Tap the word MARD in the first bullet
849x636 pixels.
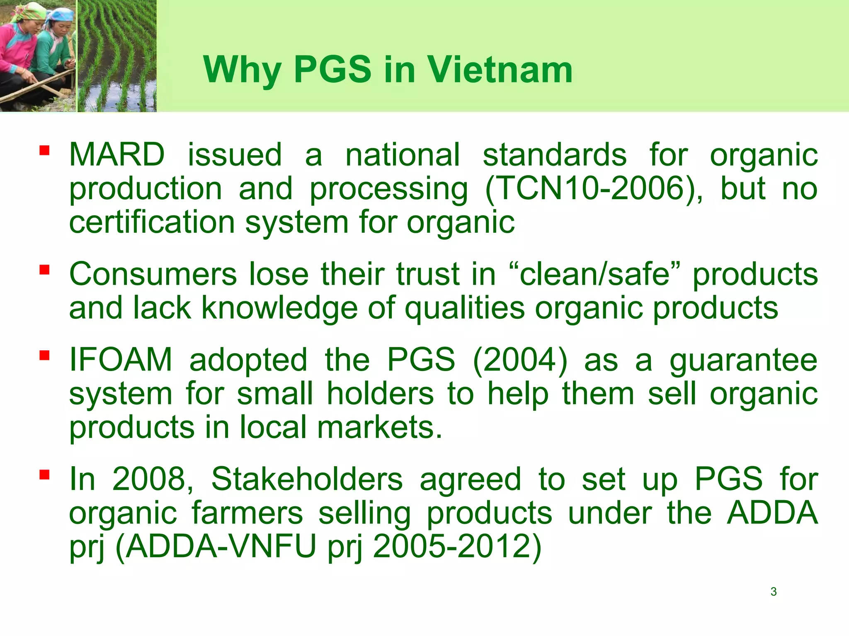pyautogui.click(x=116, y=155)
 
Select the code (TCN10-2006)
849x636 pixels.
pyautogui.click(x=594, y=189)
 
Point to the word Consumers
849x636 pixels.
pyautogui.click(x=153, y=274)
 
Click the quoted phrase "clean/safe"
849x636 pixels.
pyautogui.click(x=595, y=274)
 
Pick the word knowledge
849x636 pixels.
pyautogui.click(x=279, y=308)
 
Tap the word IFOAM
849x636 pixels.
pyautogui.click(x=121, y=359)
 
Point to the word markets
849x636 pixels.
pyautogui.click(x=379, y=427)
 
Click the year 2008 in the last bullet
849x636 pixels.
pyautogui.click(x=152, y=479)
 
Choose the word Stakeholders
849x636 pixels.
pyautogui.click(x=307, y=479)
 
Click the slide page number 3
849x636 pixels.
pyautogui.click(x=773, y=592)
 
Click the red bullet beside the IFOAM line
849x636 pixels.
pyautogui.click(x=45, y=355)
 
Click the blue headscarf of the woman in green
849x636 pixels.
pyautogui.click(x=60, y=16)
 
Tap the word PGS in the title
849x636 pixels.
pyautogui.click(x=332, y=70)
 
